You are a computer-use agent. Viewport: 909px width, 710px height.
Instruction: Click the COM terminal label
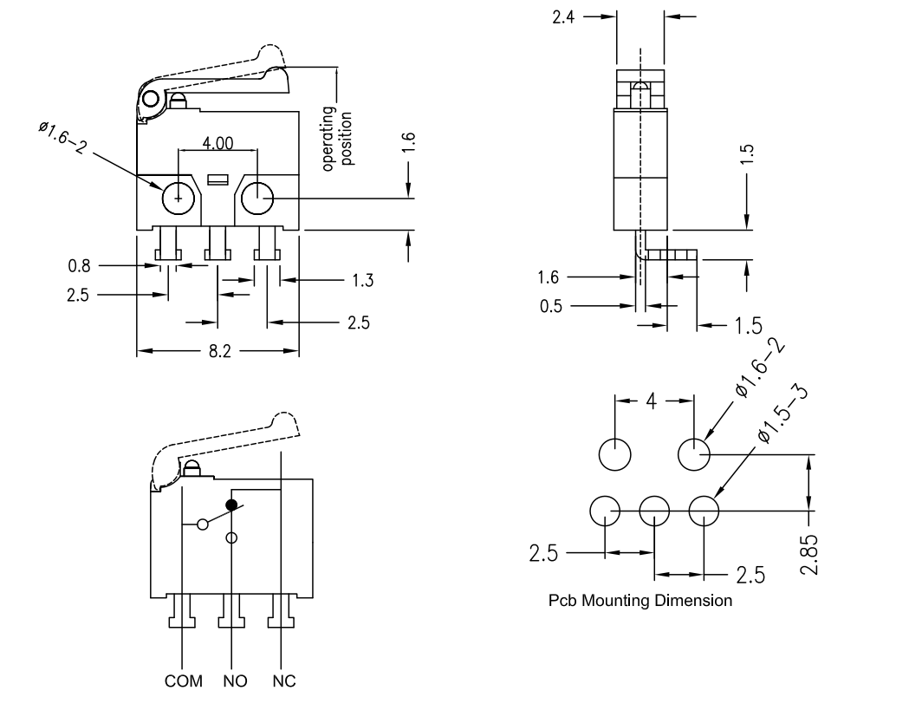pos(183,681)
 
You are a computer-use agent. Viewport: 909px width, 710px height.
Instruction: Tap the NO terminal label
pos(235,681)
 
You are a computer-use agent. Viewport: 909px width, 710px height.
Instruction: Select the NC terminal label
pos(284,681)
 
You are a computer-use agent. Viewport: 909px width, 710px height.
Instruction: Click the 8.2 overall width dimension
pos(220,351)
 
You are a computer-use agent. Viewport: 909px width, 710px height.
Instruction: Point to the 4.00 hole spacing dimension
pos(218,143)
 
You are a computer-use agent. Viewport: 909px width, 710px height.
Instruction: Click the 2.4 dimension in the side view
pos(563,17)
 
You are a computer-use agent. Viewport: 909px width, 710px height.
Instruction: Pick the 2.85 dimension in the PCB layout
pos(808,555)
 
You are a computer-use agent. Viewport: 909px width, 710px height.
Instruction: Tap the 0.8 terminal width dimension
pos(80,266)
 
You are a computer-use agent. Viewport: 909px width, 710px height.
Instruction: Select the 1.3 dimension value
pos(363,281)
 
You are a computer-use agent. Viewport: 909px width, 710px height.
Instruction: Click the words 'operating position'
pos(337,139)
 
